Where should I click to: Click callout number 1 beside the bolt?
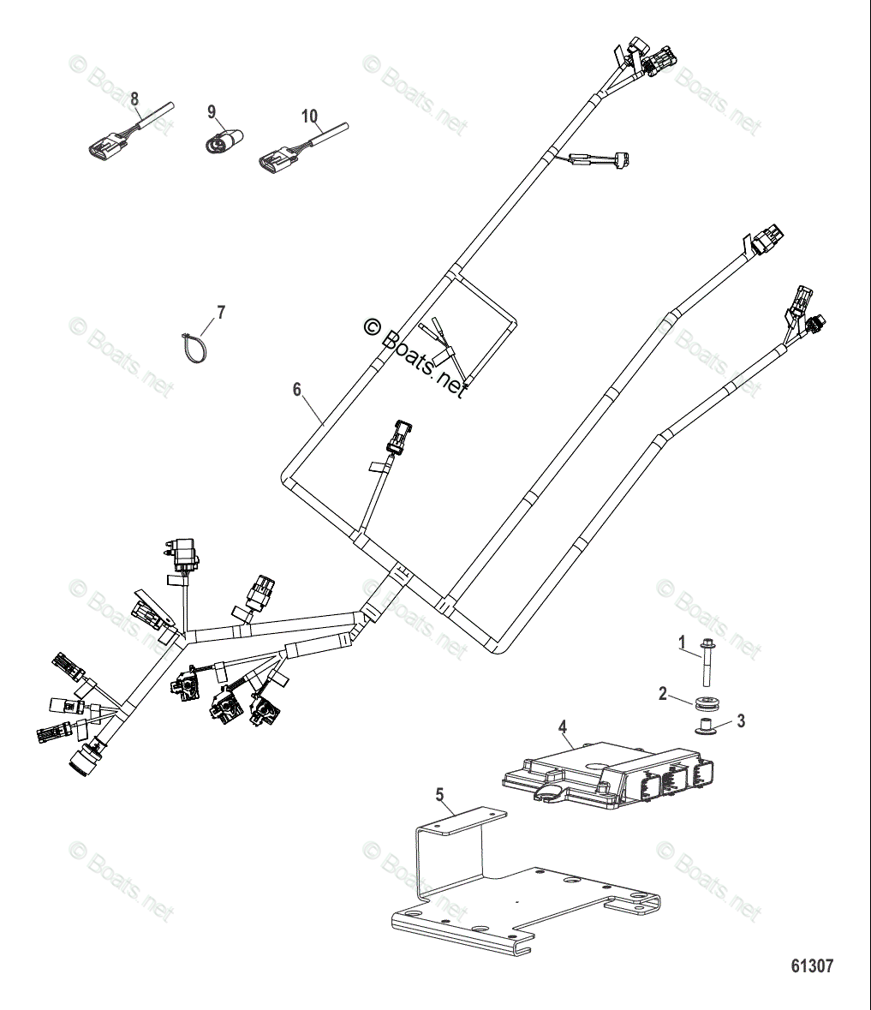[683, 642]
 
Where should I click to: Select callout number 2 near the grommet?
[662, 694]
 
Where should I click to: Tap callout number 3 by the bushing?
[741, 720]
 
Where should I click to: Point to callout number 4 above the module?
[563, 728]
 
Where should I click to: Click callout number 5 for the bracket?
[440, 795]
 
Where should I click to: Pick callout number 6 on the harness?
[297, 390]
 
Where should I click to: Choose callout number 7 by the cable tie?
[221, 312]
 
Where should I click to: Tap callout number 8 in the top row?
[134, 99]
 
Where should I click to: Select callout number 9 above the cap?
[212, 111]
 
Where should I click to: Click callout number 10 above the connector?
[309, 116]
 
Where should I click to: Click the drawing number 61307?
[812, 966]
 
